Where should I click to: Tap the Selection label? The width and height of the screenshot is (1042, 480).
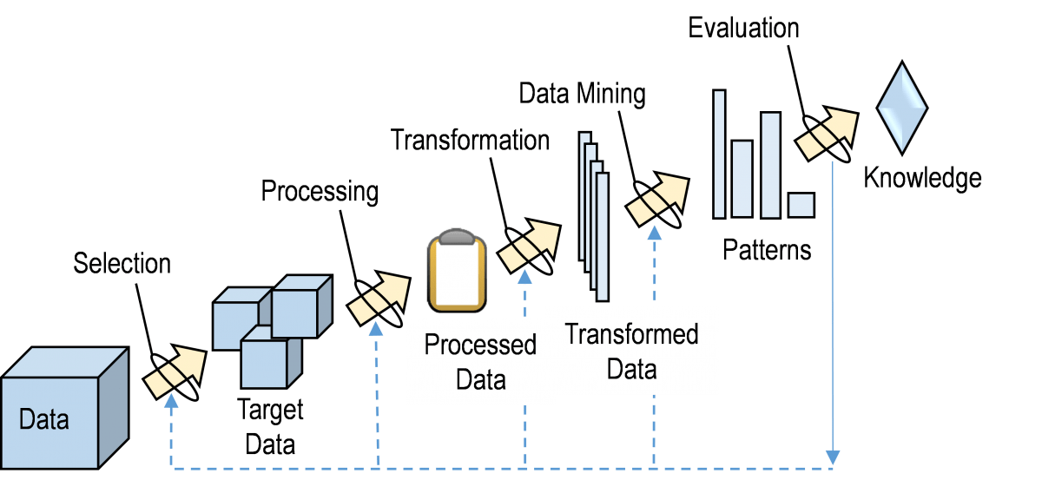(x=122, y=263)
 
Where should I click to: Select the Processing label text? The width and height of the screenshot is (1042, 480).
(x=320, y=191)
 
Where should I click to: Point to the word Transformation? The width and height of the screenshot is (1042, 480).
(x=470, y=140)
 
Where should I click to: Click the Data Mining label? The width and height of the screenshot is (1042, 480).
(x=582, y=94)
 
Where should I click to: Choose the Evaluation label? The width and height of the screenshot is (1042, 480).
(x=743, y=28)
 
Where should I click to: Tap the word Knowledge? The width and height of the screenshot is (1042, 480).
(x=922, y=179)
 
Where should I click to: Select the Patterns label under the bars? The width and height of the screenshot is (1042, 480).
(x=767, y=251)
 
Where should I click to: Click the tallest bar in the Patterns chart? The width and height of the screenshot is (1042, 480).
(x=719, y=153)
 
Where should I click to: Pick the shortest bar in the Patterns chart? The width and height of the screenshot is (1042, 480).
(x=801, y=205)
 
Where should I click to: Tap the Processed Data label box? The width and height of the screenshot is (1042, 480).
(x=480, y=360)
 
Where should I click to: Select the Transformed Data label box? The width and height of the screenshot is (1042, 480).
(x=631, y=351)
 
